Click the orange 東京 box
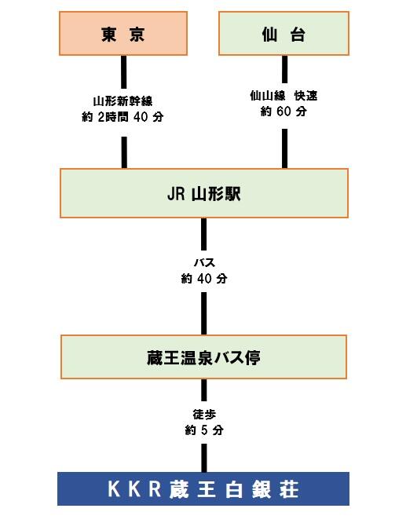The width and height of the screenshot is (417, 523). [x=123, y=34]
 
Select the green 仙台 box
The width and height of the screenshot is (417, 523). [x=283, y=34]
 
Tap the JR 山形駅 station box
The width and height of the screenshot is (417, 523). [x=203, y=193]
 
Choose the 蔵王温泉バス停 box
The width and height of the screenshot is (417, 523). [x=203, y=357]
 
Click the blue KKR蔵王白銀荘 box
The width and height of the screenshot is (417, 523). [x=203, y=488]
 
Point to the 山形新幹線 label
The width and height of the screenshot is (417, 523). [x=123, y=101]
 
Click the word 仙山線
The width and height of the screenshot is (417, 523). [x=266, y=96]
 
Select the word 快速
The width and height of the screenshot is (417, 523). [x=305, y=96]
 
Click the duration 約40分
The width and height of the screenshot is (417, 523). [x=203, y=278]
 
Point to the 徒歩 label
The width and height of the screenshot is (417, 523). [x=203, y=414]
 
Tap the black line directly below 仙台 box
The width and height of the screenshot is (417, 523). [x=283, y=73]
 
